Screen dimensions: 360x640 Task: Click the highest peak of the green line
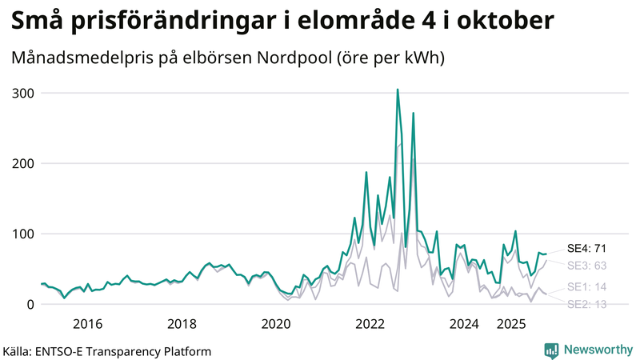coord(398,90)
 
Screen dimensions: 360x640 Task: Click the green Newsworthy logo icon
coord(551,350)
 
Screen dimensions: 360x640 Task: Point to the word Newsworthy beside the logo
coord(597,350)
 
